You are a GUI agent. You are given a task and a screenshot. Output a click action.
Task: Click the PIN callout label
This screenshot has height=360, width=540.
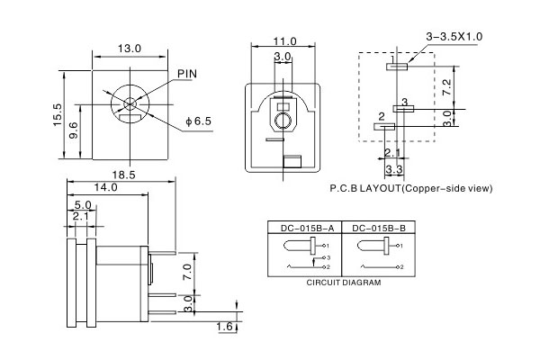tap(187, 73)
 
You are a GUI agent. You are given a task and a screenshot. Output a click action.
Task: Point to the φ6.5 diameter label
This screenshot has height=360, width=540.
tap(198, 121)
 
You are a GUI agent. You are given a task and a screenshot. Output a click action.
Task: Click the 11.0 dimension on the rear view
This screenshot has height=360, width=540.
tap(285, 41)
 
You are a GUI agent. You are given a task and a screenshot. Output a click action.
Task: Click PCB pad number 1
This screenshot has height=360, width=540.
tap(397, 65)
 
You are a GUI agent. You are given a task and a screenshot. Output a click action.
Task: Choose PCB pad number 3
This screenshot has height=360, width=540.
tap(404, 107)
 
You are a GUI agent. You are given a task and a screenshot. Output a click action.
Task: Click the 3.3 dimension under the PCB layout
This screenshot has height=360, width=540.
tap(393, 169)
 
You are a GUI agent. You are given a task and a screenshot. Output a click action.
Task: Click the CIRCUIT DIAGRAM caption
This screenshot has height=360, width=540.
tap(343, 283)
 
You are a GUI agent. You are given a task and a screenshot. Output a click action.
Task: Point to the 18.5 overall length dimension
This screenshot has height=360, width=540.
tap(123, 174)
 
